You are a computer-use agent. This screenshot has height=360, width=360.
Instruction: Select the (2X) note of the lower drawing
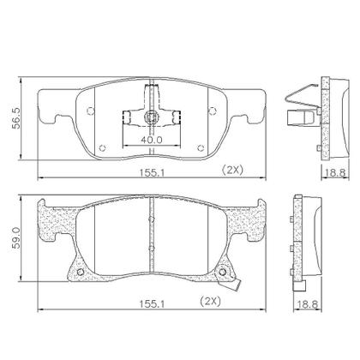point(211,301)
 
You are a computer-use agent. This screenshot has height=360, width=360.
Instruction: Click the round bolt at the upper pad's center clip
point(151,117)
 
